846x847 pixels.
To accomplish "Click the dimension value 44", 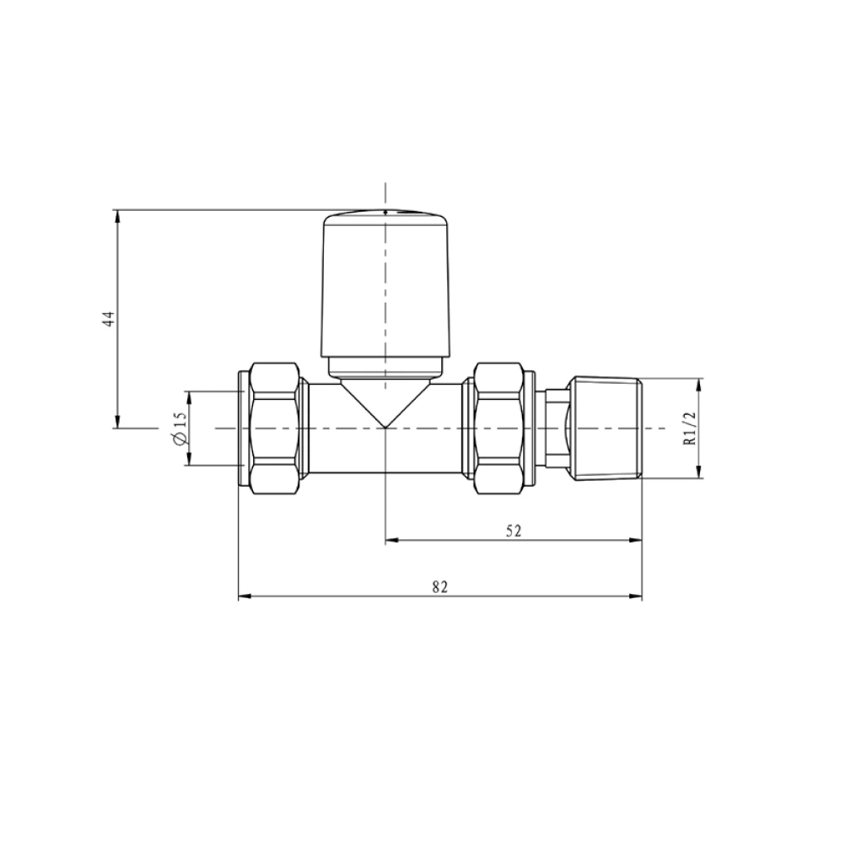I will [108, 319].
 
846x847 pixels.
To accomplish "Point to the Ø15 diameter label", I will [178, 429].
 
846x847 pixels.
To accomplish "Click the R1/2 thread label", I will [689, 429].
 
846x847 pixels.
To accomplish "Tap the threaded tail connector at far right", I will [606, 429].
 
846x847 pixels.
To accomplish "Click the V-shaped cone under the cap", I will [385, 403].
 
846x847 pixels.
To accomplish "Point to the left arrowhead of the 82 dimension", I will [245, 596].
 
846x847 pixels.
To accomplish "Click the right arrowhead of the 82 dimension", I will [637, 596].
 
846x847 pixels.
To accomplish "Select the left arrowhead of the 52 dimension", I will [391, 542].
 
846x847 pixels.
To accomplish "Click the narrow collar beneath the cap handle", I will [385, 368].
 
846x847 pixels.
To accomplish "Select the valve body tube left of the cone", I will [325, 428].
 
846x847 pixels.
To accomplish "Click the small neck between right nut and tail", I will [555, 428].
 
